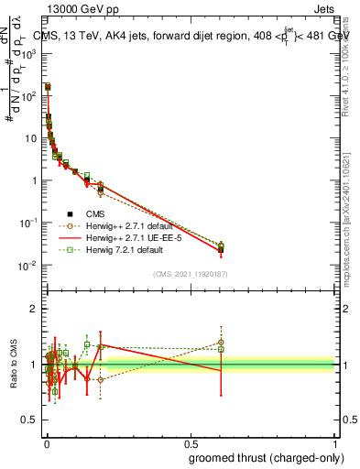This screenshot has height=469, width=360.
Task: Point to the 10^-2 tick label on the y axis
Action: pyautogui.click(x=30, y=266)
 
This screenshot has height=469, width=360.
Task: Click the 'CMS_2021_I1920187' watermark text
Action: pyautogui.click(x=190, y=273)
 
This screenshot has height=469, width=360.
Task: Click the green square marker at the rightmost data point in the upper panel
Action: pyautogui.click(x=221, y=245)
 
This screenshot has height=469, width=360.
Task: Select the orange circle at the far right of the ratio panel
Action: pyautogui.click(x=221, y=343)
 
